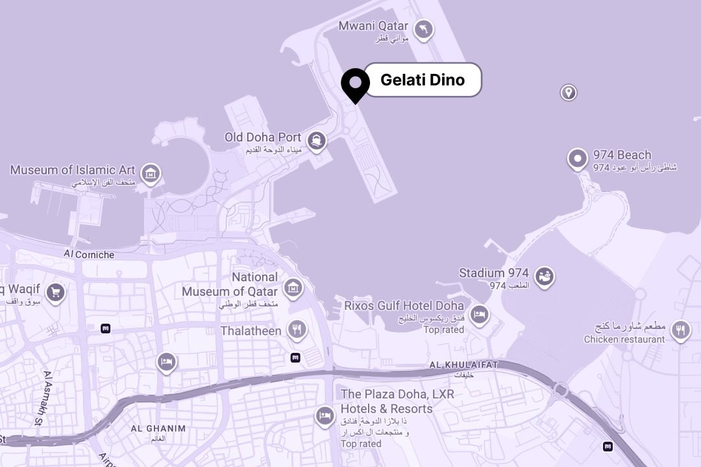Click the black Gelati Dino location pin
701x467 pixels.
(355, 84)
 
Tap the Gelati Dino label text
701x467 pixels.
(423, 80)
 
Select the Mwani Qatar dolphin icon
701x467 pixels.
(423, 29)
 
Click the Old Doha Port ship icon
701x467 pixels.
(316, 140)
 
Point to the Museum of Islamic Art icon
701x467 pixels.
(151, 173)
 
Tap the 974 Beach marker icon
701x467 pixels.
(577, 158)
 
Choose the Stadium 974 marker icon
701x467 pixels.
(544, 276)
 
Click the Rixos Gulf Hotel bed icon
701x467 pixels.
(479, 315)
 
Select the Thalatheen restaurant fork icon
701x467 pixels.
(297, 329)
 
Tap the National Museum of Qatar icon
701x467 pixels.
(293, 287)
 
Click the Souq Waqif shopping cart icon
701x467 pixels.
(55, 292)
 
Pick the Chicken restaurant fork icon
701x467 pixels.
(680, 330)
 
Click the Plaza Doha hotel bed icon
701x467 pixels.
(325, 415)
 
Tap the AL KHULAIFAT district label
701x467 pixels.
(463, 366)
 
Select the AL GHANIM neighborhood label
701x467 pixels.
(158, 429)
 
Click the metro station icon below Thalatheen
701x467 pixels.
(295, 357)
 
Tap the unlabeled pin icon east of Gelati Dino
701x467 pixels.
(569, 92)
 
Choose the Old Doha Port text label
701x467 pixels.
(263, 138)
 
